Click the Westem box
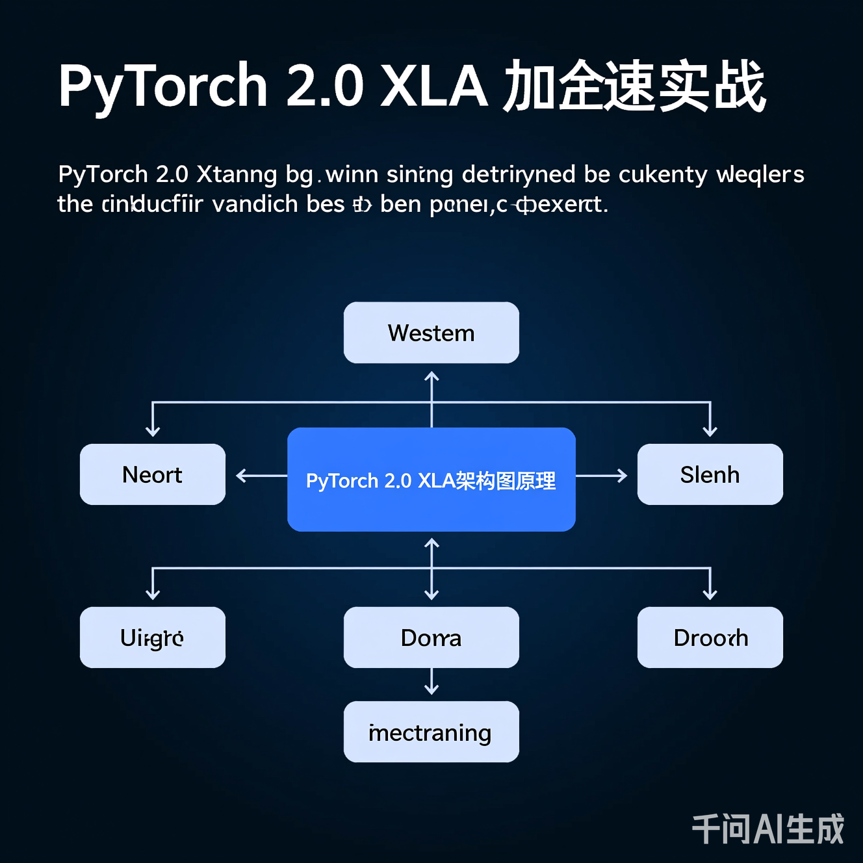pos(431,333)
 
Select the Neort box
pos(153,474)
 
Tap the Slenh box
pos(710,474)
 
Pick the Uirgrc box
pos(153,638)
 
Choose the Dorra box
pos(431,638)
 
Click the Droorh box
pos(710,638)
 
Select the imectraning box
pos(431,732)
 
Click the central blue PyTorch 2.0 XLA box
pos(431,480)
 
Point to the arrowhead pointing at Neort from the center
pos(240,476)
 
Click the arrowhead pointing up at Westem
pos(431,376)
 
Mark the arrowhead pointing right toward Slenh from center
pos(623,476)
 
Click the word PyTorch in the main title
pos(162,86)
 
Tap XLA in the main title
pos(433,86)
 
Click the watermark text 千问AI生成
pos(767,829)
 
